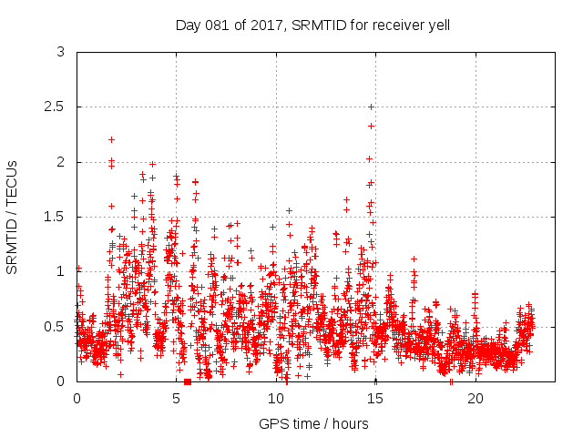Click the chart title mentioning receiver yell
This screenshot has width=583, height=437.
tap(312, 25)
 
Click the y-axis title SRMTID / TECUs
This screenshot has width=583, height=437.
tap(12, 217)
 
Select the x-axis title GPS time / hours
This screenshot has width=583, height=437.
tap(312, 423)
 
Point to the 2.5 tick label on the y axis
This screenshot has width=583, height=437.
tap(56, 107)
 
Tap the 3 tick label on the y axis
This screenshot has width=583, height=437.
tap(61, 53)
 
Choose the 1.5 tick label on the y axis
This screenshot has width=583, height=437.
tap(56, 217)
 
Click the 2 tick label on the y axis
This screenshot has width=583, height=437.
tap(61, 162)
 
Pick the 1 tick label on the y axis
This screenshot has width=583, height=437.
tap(61, 271)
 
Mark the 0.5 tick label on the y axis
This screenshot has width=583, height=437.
tap(56, 326)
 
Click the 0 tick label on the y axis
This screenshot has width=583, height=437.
tap(61, 381)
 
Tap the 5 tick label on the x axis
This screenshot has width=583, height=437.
tap(177, 398)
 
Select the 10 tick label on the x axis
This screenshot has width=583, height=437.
tap(276, 398)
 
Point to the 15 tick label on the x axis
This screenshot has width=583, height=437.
tap(376, 398)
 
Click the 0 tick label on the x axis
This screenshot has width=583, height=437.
tap(77, 398)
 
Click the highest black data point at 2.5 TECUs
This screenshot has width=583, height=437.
tap(371, 107)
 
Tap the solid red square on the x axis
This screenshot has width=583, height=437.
tap(188, 381)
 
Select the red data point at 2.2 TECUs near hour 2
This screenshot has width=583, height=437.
tap(111, 139)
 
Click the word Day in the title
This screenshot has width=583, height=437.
tap(187, 25)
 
